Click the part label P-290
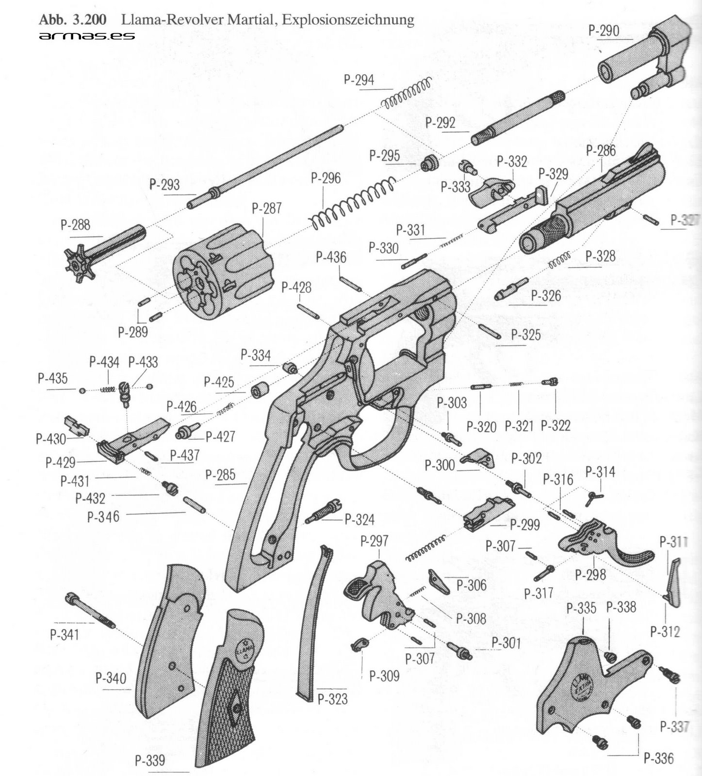pos(604,31)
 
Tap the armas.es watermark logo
pos(87,36)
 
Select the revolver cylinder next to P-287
pos(223,272)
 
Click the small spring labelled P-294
pos(408,95)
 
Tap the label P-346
pos(103,517)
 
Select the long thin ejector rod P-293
pos(267,165)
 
